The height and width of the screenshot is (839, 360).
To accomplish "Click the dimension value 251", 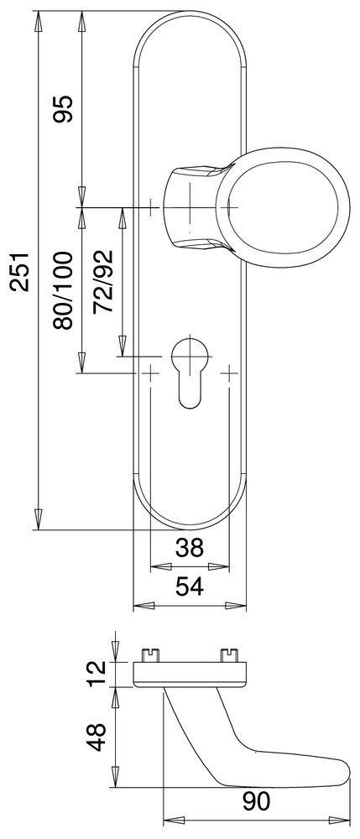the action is [19, 270].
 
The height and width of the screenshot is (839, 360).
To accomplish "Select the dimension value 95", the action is [63, 109].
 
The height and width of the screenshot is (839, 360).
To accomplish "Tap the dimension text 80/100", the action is [63, 290].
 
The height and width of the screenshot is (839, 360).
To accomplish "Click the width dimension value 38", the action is [190, 547].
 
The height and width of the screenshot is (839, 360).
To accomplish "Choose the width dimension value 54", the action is [190, 587].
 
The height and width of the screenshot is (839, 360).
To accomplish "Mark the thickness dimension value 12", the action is [97, 675].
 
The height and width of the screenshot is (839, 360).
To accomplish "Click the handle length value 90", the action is [256, 801].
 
